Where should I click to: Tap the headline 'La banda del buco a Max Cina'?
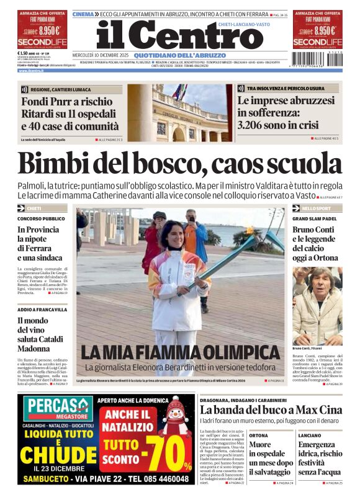coord(271,410)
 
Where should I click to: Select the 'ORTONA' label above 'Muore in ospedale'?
coord(259,435)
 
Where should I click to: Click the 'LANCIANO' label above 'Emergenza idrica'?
coord(310,435)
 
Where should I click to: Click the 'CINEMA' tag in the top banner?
coord(83,14)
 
